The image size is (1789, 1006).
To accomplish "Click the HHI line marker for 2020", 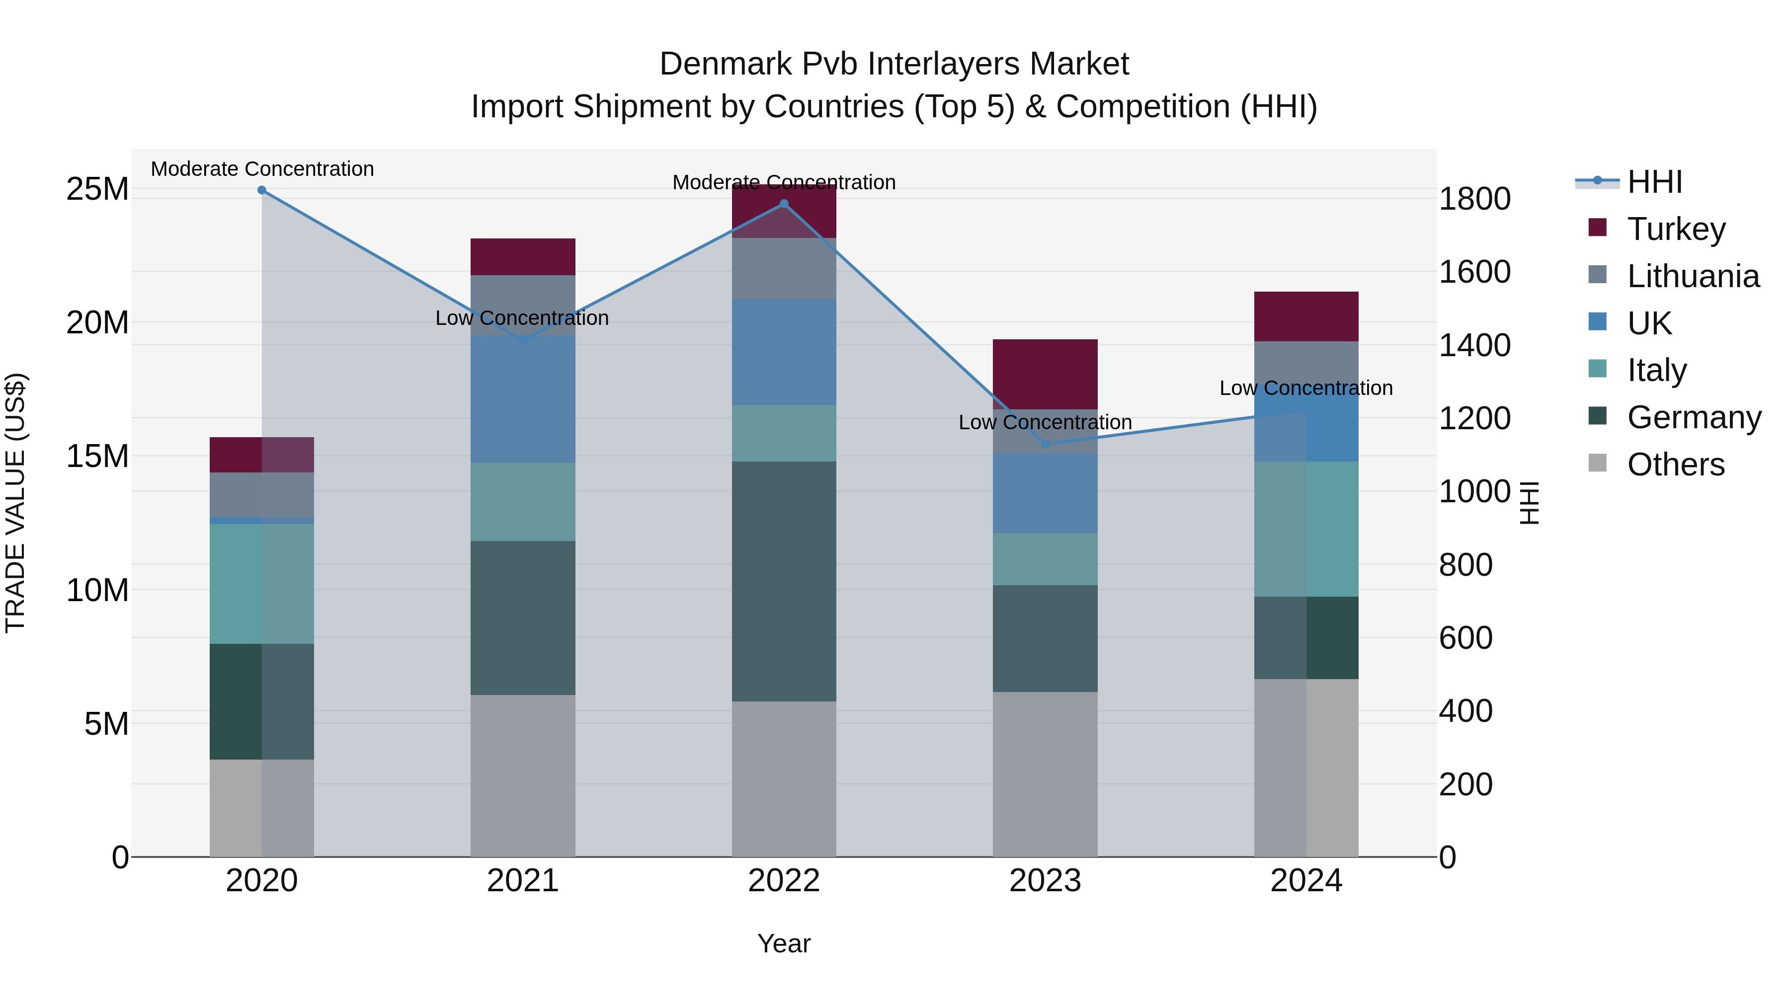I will coord(262,190).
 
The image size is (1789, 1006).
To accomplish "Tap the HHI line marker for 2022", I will coord(784,204).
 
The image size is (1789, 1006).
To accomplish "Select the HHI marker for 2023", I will coord(1045,444).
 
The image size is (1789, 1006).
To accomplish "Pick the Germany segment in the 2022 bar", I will coord(784,581).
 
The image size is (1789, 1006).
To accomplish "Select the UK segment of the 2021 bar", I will coord(523,399).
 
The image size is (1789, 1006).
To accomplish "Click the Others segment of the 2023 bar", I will coord(1045,774).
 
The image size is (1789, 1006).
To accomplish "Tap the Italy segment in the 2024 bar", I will coord(1306,529).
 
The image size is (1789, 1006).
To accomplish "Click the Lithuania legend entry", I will coord(1693,276).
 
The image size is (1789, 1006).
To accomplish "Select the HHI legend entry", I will coord(1654,182).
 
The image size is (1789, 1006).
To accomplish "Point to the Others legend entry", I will coord(1675,464).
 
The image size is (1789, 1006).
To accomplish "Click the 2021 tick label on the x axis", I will coord(523,881).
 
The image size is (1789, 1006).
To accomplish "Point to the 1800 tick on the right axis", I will coord(1474,199).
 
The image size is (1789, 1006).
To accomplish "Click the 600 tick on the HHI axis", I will coord(1465,638).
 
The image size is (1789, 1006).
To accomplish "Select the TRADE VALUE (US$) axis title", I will coord(15,503).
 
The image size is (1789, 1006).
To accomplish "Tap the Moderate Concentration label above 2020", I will coord(262,169).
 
